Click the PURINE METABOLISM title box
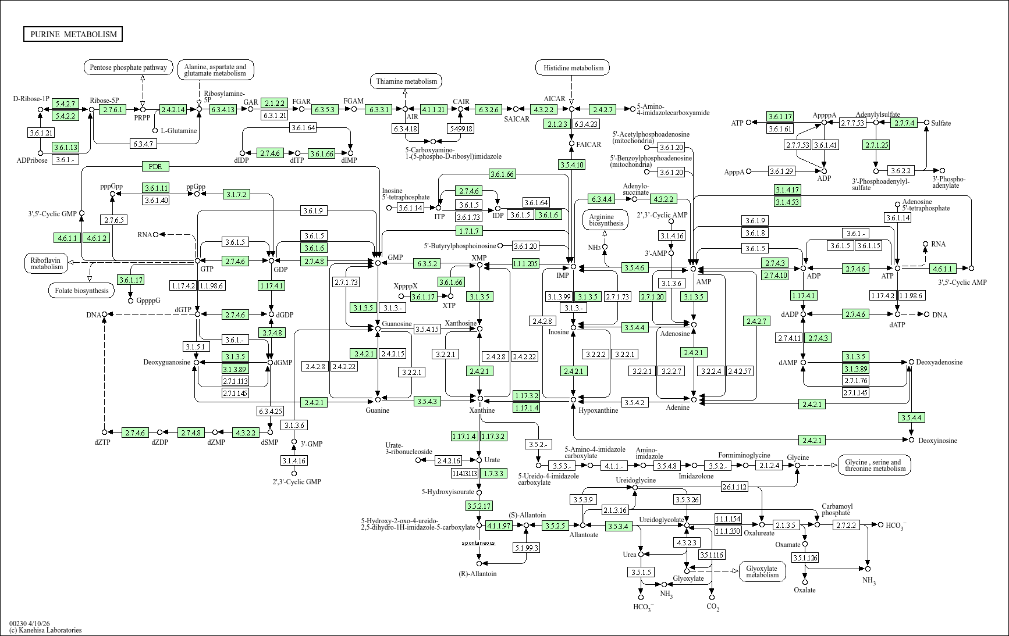click(x=73, y=34)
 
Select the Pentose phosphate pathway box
click(x=129, y=67)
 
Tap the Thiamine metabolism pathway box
click(x=406, y=81)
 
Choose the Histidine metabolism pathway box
click(x=573, y=68)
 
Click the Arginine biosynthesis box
click(x=606, y=219)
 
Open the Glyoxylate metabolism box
click(x=762, y=571)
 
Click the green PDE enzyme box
click(x=155, y=166)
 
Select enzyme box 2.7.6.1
click(x=112, y=109)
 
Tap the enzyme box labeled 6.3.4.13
click(x=223, y=109)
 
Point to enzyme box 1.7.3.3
click(x=493, y=473)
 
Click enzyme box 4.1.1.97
click(x=499, y=526)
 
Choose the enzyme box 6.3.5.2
click(x=427, y=264)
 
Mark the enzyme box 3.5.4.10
click(x=571, y=165)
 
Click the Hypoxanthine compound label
click(x=598, y=410)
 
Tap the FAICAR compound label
click(x=588, y=145)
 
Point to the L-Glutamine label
click(x=179, y=131)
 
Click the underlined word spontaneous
click(x=478, y=543)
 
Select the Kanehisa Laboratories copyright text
click(x=45, y=630)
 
